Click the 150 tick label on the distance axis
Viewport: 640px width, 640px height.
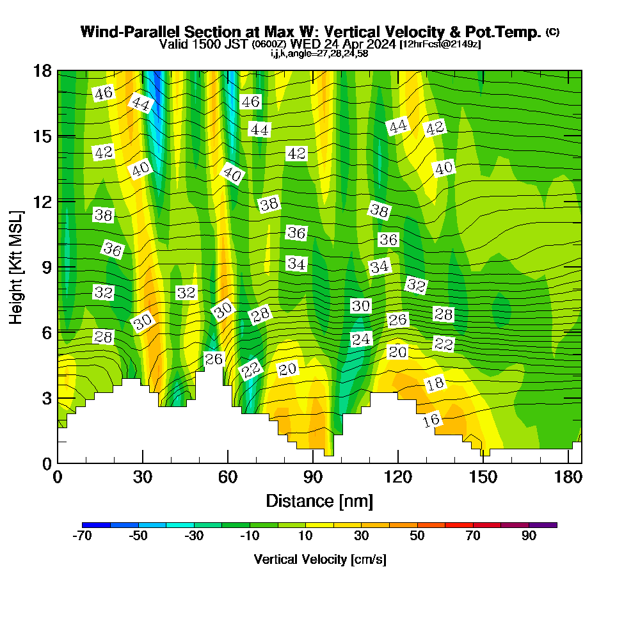click(483, 479)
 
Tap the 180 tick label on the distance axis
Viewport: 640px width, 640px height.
click(568, 479)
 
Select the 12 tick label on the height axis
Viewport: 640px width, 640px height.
click(42, 201)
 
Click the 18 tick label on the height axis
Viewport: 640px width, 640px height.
click(42, 70)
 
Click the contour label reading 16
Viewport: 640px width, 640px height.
click(432, 420)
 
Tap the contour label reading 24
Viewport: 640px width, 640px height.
click(361, 339)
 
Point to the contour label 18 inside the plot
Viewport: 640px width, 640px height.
click(435, 384)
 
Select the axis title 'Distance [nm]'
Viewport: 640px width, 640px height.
click(319, 500)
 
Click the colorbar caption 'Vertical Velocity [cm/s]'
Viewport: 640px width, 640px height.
click(320, 559)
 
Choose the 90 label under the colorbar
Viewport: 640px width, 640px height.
click(529, 536)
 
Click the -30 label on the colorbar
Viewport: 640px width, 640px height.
click(194, 536)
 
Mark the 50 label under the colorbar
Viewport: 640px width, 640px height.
click(417, 536)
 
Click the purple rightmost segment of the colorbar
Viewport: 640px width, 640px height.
click(543, 525)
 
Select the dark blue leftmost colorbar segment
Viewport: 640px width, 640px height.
click(97, 525)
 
